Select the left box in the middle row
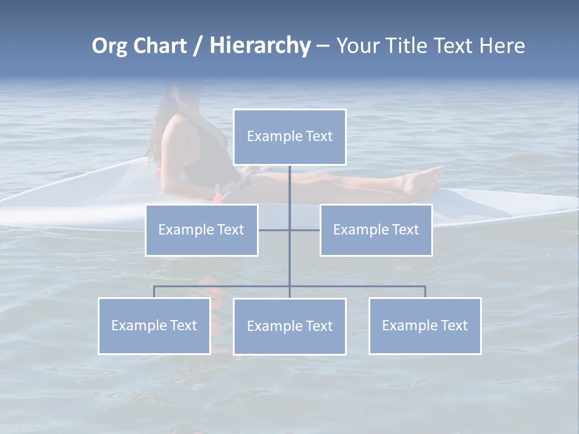201,230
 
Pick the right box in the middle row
376,230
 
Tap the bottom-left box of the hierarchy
154,325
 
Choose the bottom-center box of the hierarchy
289,326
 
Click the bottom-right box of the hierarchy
425,325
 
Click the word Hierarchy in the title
260,45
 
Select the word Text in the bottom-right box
454,325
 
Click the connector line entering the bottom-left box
154,292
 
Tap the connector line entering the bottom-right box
425,292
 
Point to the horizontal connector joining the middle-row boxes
289,230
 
